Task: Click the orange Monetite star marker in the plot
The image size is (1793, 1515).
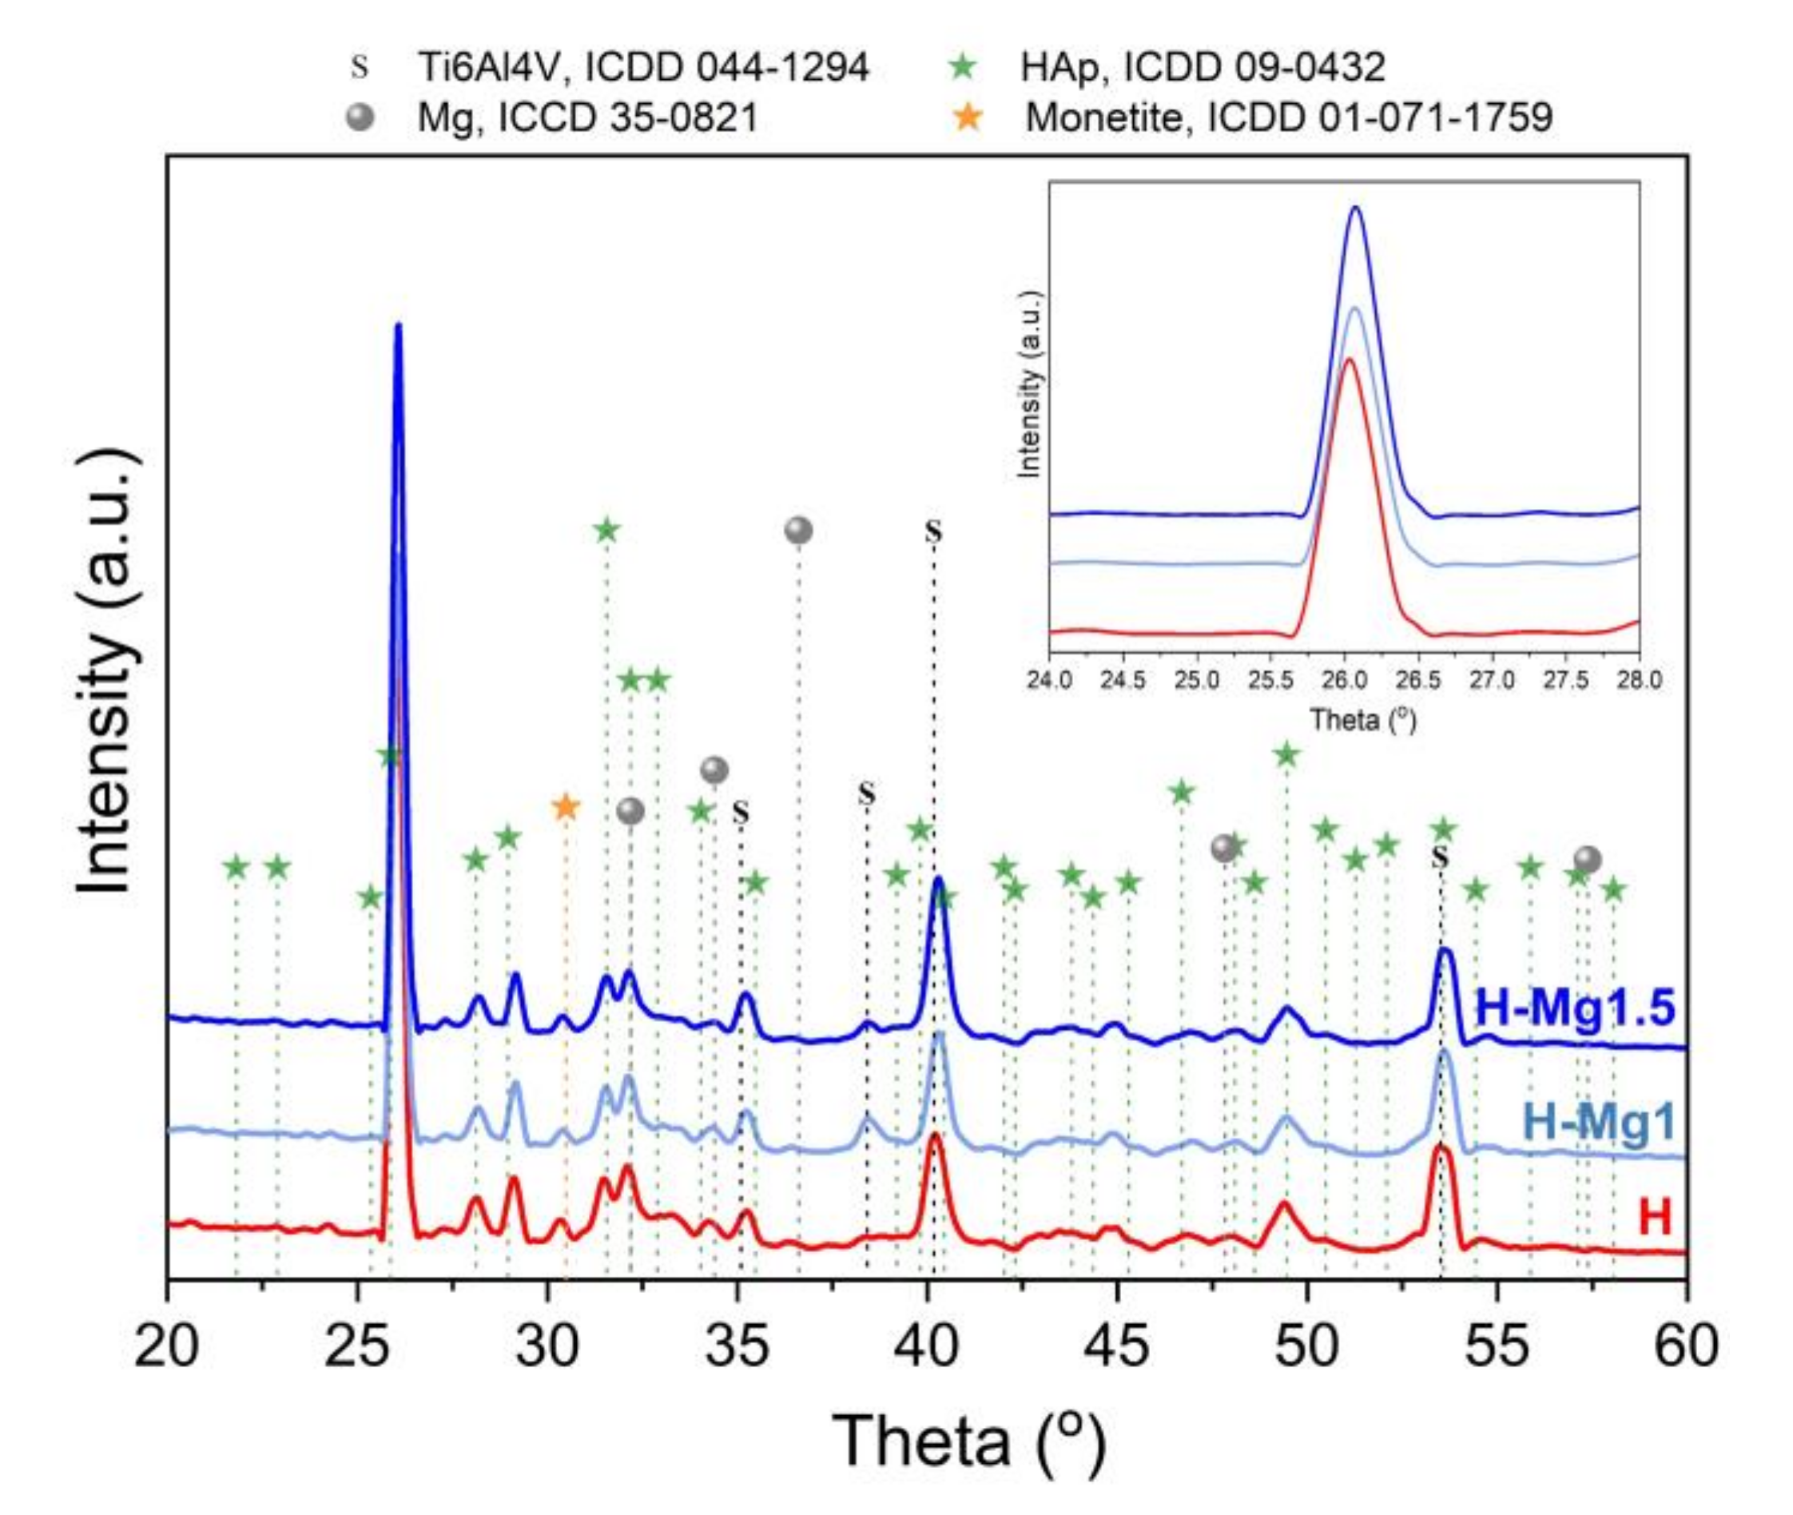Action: tap(565, 806)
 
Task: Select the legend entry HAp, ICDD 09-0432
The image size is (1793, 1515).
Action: tap(1203, 67)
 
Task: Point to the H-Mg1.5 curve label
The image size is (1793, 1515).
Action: tap(1574, 1008)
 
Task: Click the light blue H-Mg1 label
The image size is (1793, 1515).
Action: tap(1598, 1122)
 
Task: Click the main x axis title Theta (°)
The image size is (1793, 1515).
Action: tap(968, 1440)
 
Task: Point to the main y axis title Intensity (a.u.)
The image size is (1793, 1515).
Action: tap(107, 670)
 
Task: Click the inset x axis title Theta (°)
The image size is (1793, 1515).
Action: tap(1362, 720)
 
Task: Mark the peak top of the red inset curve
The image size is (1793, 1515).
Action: tap(1348, 359)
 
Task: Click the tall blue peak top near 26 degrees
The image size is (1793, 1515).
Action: tap(399, 326)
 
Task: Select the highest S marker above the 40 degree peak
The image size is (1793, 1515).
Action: tap(933, 531)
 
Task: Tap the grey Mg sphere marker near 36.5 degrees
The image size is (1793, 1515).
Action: tap(798, 531)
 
